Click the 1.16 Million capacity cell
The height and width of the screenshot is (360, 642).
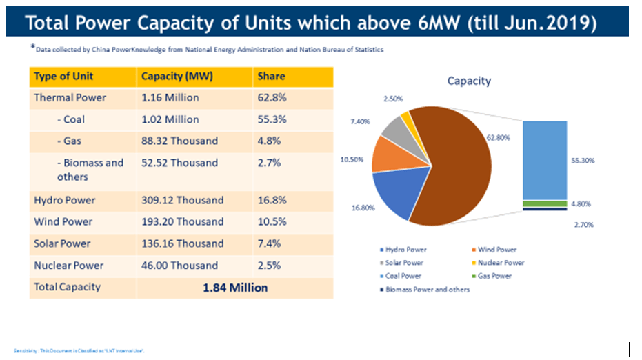(x=170, y=97)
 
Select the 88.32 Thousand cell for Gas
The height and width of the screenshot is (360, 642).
(x=179, y=141)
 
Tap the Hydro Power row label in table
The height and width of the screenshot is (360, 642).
(x=64, y=200)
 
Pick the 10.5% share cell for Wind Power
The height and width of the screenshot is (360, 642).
(x=271, y=221)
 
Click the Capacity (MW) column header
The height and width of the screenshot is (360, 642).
(x=172, y=76)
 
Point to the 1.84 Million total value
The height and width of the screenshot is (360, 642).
(x=235, y=288)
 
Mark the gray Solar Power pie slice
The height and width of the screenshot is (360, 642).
(x=396, y=130)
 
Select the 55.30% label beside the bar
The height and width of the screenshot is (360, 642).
(x=583, y=160)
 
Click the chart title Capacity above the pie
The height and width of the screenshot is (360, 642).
(x=469, y=81)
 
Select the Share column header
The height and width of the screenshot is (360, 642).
(x=271, y=76)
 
